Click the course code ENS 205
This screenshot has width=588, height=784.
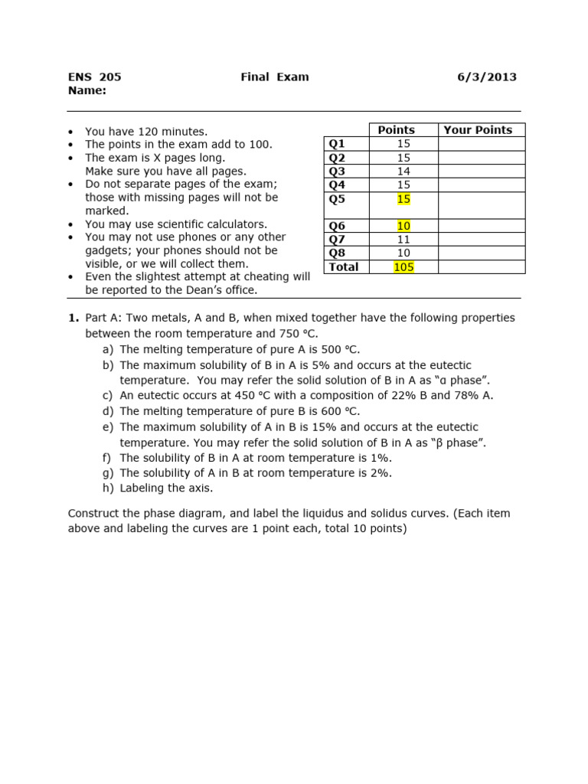point(95,77)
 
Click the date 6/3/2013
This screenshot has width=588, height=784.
point(487,77)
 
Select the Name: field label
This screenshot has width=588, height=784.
point(87,90)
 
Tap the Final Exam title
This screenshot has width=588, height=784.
point(275,77)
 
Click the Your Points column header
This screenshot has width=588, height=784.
point(478,130)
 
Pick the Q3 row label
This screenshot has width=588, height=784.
point(337,171)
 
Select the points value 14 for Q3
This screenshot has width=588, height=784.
point(403,171)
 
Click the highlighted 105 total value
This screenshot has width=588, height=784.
point(403,266)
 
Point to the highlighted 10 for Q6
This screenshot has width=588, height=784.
point(403,226)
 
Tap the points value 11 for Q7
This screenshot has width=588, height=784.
point(403,239)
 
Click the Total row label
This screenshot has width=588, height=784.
point(344,266)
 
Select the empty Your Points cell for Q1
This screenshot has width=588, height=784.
point(481,144)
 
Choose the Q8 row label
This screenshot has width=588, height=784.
point(337,253)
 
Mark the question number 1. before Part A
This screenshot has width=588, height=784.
point(73,318)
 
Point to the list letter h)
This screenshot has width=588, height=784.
point(107,488)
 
